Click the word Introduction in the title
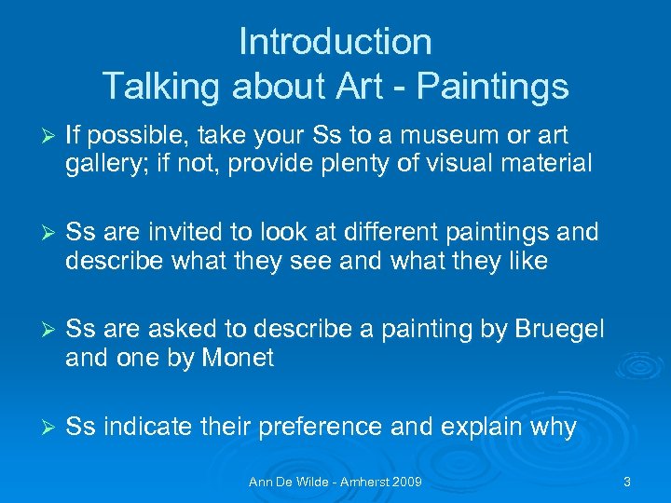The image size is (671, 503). (335, 42)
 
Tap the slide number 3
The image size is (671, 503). (627, 483)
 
